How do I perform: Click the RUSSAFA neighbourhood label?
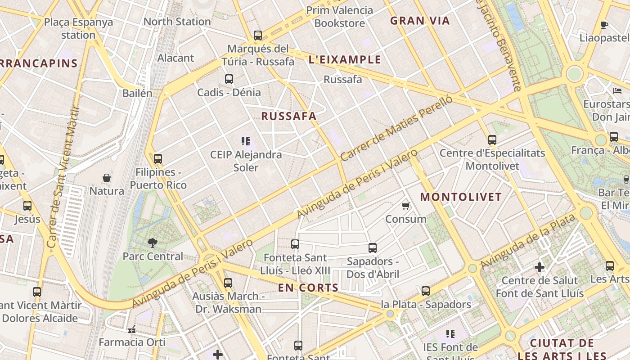[x=289, y=116]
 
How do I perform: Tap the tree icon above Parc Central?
[x=153, y=243]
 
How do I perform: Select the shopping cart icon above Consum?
[x=405, y=206]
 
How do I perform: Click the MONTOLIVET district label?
[x=461, y=197]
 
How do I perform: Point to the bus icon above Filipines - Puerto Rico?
[x=157, y=159]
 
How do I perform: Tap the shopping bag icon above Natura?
[x=107, y=178]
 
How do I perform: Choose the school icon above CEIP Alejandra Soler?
[x=246, y=141]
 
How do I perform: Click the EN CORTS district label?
[x=308, y=288]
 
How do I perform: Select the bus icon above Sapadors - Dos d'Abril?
[x=373, y=248]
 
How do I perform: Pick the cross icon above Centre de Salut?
[x=540, y=267]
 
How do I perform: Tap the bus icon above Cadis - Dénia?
[x=229, y=79]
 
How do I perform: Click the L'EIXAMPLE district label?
[x=345, y=59]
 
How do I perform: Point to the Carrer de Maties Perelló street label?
[x=396, y=129]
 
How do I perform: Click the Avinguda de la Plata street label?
[x=528, y=241]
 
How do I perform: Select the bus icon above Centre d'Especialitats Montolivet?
[x=492, y=140]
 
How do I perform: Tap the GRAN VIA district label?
[x=420, y=21]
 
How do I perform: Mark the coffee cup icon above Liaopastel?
[x=604, y=25]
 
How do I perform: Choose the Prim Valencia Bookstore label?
[x=340, y=17]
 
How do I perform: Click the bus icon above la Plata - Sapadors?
[x=426, y=291]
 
